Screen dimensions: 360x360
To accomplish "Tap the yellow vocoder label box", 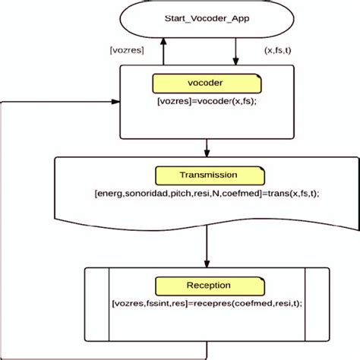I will pos(206,83).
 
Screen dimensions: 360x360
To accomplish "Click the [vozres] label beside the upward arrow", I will pos(127,50).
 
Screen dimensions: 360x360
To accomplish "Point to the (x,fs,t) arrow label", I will pos(278,50).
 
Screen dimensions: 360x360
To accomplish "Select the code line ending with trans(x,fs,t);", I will pos(207,194).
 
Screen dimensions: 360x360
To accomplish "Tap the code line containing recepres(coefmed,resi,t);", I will pos(207,304).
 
